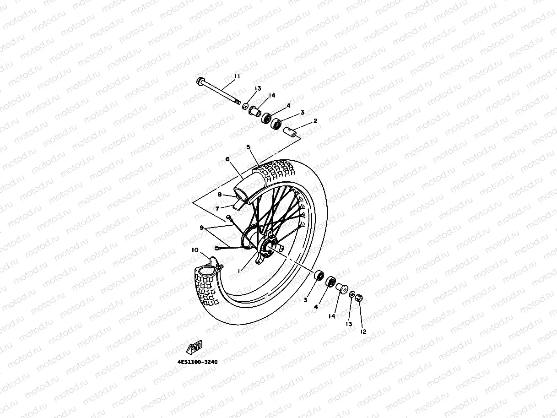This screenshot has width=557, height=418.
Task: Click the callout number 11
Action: click(x=237, y=76)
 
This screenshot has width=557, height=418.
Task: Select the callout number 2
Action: click(x=315, y=121)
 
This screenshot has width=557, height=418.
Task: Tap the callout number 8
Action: click(x=220, y=195)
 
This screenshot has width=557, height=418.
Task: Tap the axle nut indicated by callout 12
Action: click(x=359, y=299)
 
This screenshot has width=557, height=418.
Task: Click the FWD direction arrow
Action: click(x=194, y=347)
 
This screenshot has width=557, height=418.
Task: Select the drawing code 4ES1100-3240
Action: click(x=197, y=362)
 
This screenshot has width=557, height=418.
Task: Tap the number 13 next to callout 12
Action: click(x=349, y=324)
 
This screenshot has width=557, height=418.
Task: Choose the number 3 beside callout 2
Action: click(x=302, y=112)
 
